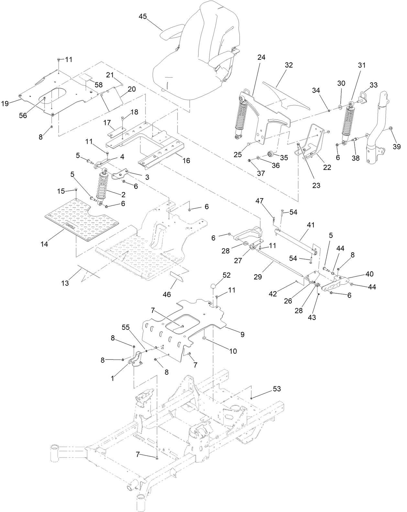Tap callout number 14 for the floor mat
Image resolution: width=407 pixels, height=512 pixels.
pos(44,244)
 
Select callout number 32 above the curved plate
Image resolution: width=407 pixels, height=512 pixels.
pos(289,65)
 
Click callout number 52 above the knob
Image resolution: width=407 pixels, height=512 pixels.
pos(226,275)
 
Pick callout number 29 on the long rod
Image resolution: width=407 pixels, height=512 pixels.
pos(258,277)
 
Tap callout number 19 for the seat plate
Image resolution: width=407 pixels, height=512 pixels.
pos(5,103)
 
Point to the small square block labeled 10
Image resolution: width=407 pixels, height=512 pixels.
pos(204,338)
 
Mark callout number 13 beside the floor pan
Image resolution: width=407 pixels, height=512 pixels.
pos(65,283)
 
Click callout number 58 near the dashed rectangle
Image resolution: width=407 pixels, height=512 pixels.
pos(98,85)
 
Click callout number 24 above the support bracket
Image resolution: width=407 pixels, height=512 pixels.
pos(261,57)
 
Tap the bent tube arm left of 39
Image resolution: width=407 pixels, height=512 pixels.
pos(377,129)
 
